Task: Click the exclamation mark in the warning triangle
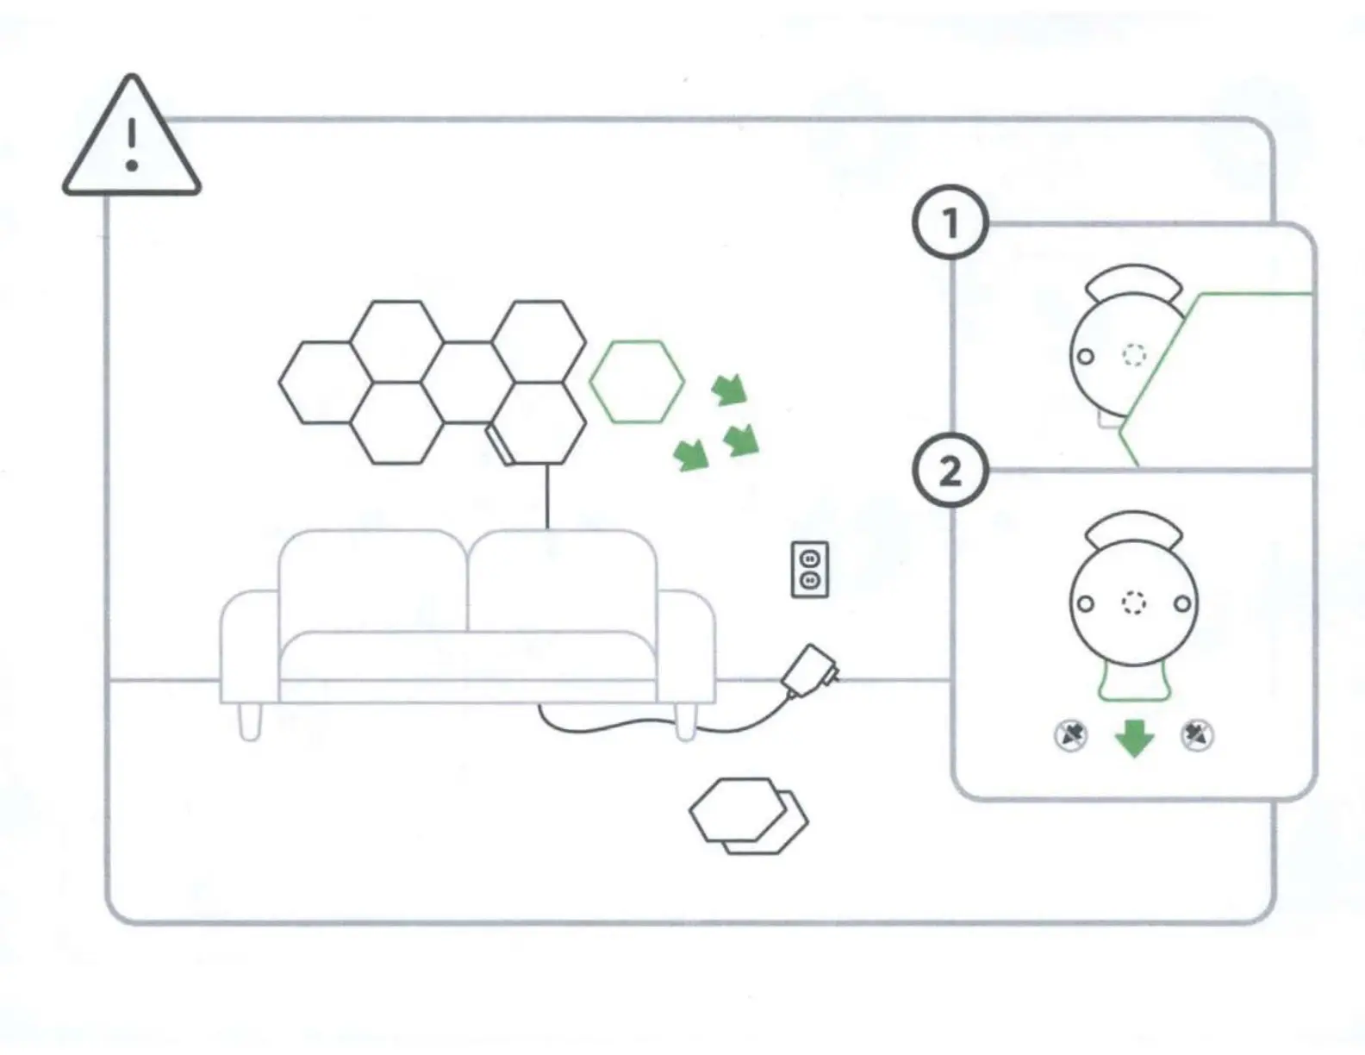(131, 143)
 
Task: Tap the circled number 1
(950, 224)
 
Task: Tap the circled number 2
(950, 471)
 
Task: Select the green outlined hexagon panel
(637, 382)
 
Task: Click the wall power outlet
(809, 569)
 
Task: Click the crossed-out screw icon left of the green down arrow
(1071, 735)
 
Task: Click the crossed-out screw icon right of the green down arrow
(1197, 735)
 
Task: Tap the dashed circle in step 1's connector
(1134, 354)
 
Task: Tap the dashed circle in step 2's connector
(1134, 603)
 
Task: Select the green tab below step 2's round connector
(1134, 681)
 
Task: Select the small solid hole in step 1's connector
(1086, 355)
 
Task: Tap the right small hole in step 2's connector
(1183, 603)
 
